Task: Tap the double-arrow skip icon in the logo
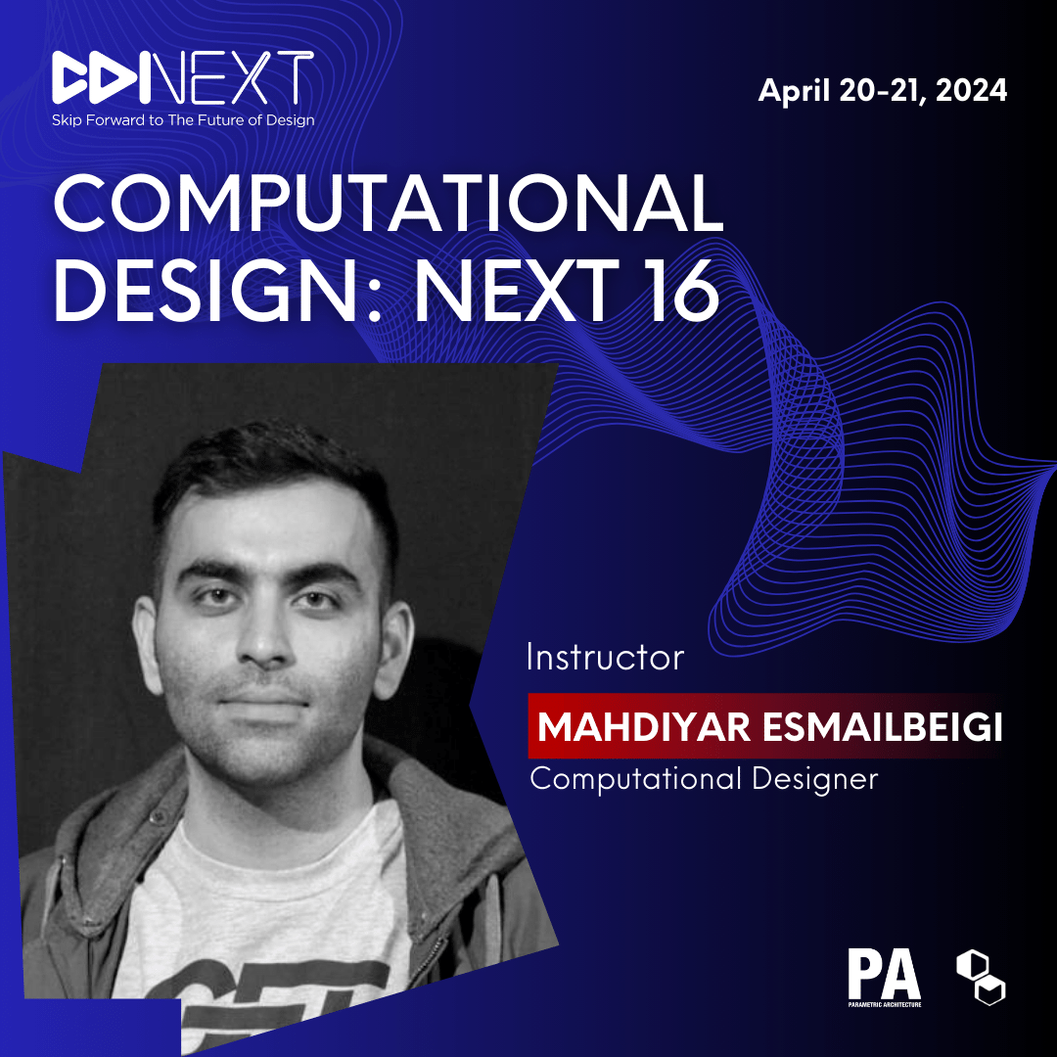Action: (x=101, y=77)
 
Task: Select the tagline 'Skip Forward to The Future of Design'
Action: (x=183, y=120)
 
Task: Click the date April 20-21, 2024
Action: (x=883, y=90)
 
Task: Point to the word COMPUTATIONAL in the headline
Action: (x=389, y=203)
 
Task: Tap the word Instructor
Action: (x=606, y=658)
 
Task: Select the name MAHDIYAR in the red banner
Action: (x=644, y=726)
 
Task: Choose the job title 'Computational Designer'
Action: (x=704, y=779)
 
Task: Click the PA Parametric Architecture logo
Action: (x=885, y=977)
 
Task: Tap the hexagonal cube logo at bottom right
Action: (x=981, y=978)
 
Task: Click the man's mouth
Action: (x=264, y=700)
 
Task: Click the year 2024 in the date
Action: (x=971, y=90)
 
